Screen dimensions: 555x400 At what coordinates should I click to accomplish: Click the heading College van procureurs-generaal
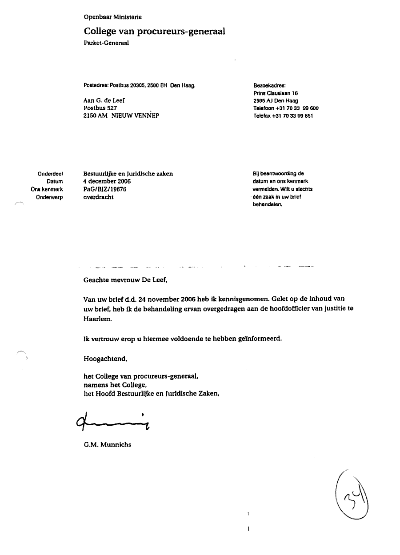point(154,31)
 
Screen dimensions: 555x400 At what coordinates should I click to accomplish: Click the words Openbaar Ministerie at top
point(112,17)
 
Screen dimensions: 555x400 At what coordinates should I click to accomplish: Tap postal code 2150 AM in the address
point(96,116)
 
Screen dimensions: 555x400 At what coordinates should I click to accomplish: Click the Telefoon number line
point(286,108)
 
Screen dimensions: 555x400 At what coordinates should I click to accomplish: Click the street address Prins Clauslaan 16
point(275,93)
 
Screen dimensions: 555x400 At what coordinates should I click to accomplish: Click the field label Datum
point(55,182)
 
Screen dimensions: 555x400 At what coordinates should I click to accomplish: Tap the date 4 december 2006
point(107,181)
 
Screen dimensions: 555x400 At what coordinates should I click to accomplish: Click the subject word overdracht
point(98,197)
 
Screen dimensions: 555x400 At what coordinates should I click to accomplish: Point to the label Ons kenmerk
point(49,189)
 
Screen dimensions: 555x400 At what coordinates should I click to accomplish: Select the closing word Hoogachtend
point(105,358)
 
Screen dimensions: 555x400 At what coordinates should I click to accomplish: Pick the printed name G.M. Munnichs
point(107,444)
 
